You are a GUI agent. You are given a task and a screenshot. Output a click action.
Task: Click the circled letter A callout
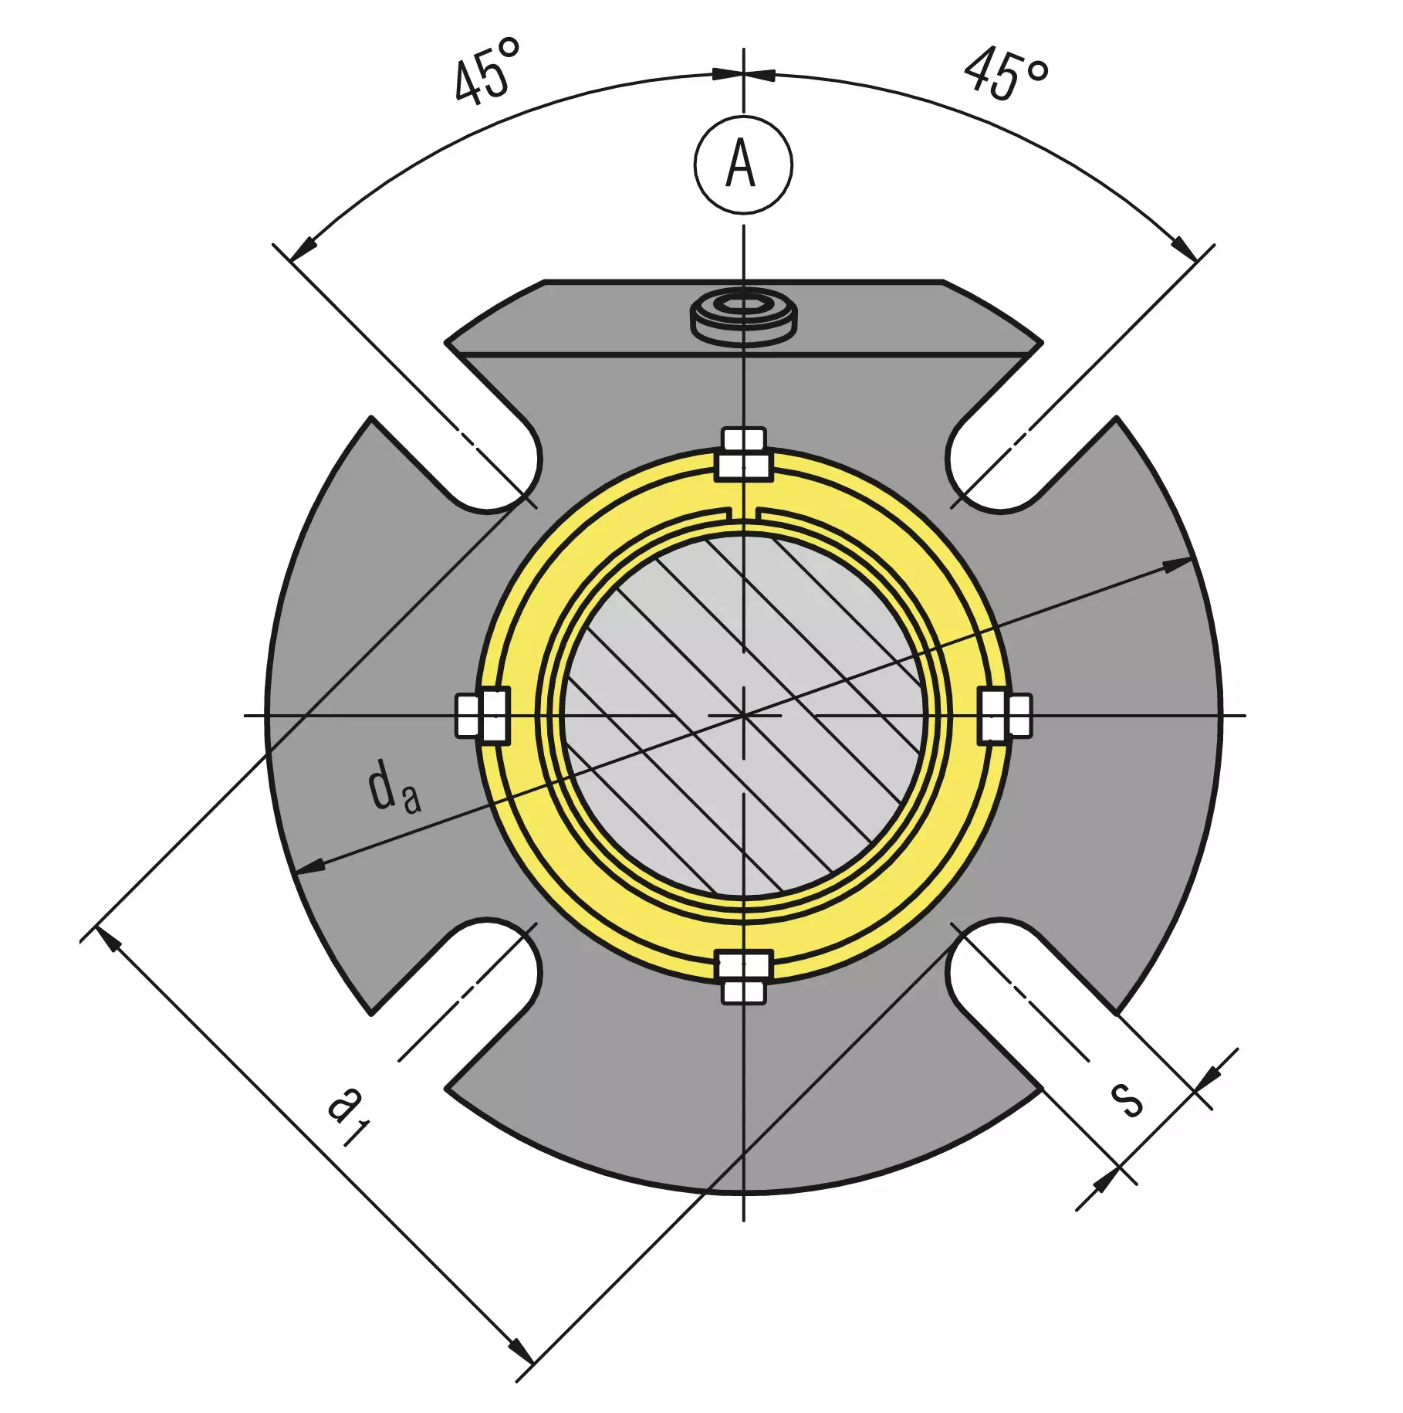pos(743,164)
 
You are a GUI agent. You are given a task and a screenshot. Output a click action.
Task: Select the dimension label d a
pos(394,786)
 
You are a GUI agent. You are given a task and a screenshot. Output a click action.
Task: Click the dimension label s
pos(1126,1099)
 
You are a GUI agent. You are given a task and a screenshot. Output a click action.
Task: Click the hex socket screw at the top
pos(743,317)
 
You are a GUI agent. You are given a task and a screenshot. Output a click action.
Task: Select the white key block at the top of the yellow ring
pos(744,454)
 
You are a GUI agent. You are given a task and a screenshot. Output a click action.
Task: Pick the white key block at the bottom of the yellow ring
pos(744,978)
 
